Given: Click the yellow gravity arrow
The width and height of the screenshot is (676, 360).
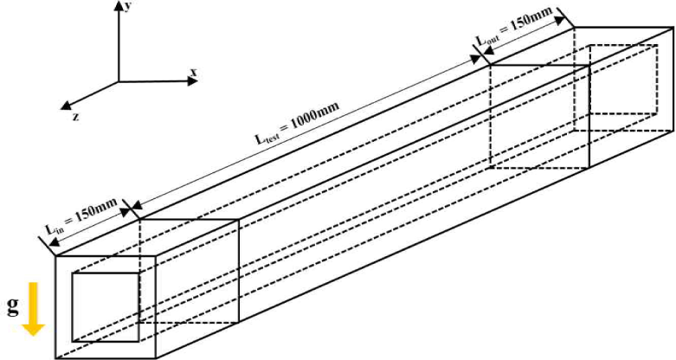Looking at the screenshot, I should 34,311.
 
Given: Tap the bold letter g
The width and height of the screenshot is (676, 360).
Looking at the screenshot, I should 11,308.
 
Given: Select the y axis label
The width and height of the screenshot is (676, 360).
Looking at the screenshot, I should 127,6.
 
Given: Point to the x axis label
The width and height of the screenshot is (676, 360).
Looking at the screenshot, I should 195,71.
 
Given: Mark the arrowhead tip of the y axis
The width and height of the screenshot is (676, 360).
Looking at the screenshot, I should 118,2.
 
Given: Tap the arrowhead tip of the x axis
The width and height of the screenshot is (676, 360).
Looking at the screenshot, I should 200,82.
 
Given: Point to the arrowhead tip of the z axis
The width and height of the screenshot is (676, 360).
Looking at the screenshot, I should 60,110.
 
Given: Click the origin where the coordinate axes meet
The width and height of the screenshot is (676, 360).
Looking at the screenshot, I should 118,82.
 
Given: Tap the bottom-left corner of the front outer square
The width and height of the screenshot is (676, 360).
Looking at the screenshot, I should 55,358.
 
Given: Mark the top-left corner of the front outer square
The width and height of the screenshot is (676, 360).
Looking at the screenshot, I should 55,256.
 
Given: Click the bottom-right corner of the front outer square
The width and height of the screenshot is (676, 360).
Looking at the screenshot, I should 156,358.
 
